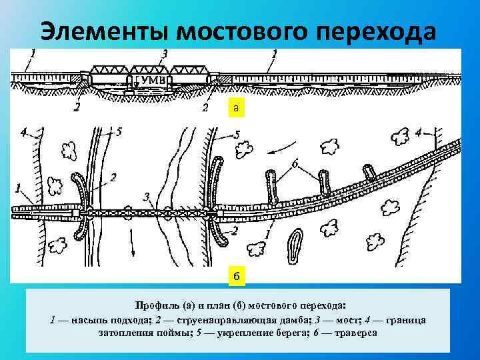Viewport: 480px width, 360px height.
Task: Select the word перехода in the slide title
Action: click(377, 31)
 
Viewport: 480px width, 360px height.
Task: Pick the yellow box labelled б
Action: click(237, 275)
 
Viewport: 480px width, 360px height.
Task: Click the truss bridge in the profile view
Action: click(146, 69)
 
